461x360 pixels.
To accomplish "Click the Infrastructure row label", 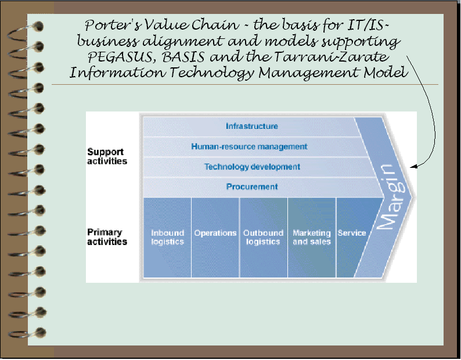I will click(251, 126).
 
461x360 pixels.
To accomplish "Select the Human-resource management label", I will click(249, 146).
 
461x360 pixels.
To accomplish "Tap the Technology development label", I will click(252, 167).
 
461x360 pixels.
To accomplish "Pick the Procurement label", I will click(252, 186).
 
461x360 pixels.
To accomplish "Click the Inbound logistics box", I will click(167, 237).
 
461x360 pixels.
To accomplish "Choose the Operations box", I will click(215, 233).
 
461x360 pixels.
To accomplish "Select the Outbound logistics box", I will click(263, 237).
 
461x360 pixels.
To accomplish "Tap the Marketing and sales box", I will click(311, 237).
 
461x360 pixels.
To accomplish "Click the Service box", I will click(351, 233).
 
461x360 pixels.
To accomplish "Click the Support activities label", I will click(107, 156).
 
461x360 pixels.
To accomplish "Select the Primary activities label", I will click(107, 237).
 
